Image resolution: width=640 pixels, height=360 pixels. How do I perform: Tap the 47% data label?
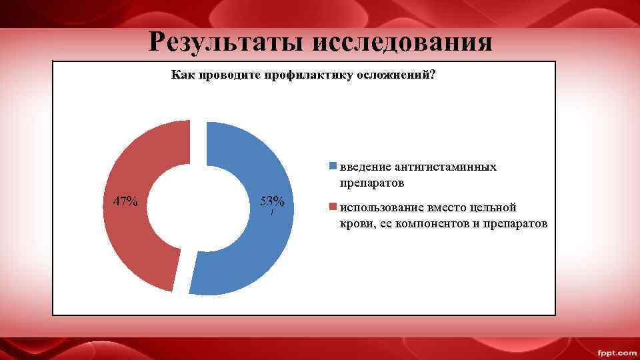click(x=125, y=201)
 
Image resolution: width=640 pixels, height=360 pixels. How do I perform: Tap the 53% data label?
click(x=272, y=201)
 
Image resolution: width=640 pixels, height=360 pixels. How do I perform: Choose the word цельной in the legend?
click(x=492, y=207)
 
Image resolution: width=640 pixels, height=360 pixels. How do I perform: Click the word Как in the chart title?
click(x=181, y=75)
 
